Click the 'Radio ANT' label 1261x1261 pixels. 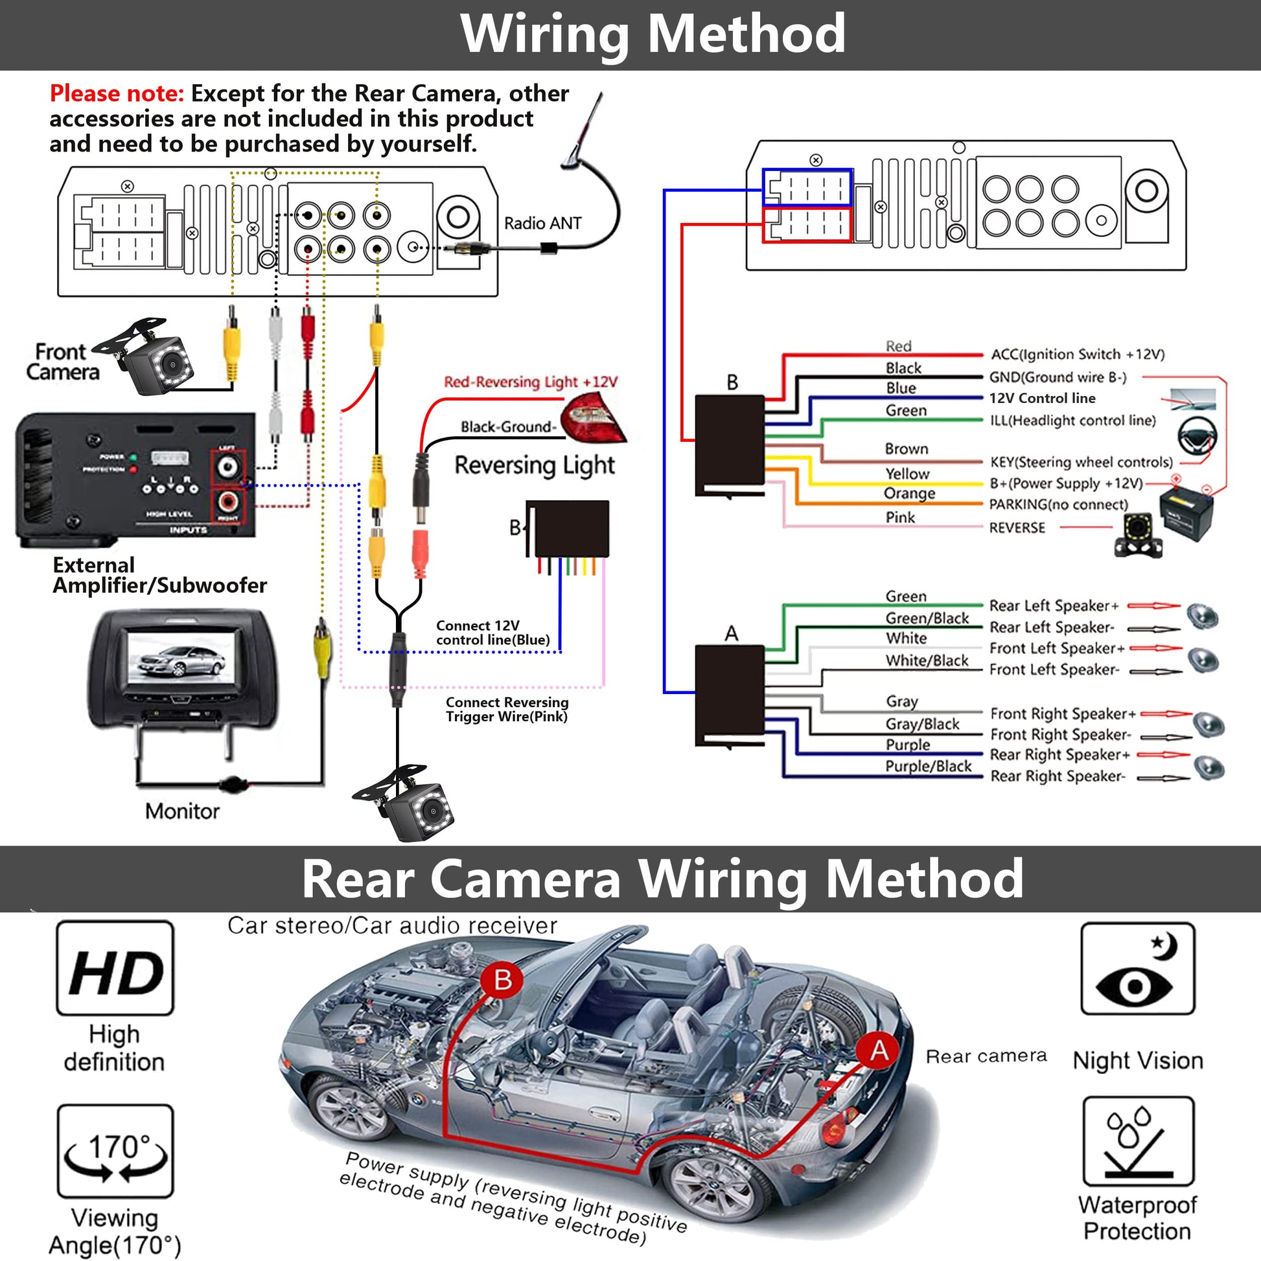pyautogui.click(x=542, y=223)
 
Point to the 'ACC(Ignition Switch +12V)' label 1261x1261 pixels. pyautogui.click(x=1078, y=354)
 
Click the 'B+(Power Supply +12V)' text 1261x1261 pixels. pyautogui.click(x=1066, y=483)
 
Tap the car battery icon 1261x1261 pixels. pyautogui.click(x=1186, y=515)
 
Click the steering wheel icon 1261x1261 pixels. pyautogui.click(x=1197, y=434)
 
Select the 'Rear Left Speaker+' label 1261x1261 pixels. pyautogui.click(x=1054, y=606)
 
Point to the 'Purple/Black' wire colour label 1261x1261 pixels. pyautogui.click(x=928, y=767)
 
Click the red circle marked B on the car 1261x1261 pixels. pyautogui.click(x=502, y=980)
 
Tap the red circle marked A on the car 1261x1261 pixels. pyautogui.click(x=879, y=1050)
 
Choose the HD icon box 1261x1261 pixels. pyautogui.click(x=115, y=968)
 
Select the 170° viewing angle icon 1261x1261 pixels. pyautogui.click(x=115, y=1151)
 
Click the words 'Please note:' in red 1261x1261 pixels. pyautogui.click(x=117, y=93)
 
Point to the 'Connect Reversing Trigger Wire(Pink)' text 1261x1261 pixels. pyautogui.click(x=507, y=710)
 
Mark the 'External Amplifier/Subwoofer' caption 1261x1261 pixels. pyautogui.click(x=159, y=575)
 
